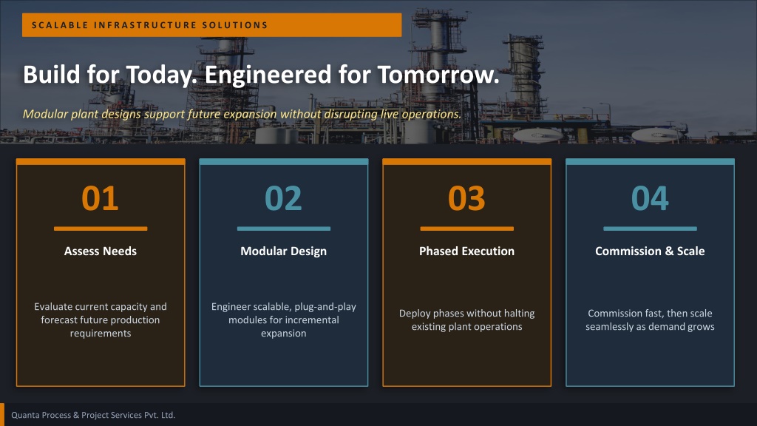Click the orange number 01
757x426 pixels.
point(100,198)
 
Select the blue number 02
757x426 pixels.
point(283,198)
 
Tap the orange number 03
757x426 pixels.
point(466,198)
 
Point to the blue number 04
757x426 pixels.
point(650,198)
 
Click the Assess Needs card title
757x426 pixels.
point(101,251)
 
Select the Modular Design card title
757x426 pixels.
point(283,251)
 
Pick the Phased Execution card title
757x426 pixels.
point(467,251)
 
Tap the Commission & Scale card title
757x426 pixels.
point(650,251)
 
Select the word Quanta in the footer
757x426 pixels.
point(25,416)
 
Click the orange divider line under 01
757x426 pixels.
point(101,229)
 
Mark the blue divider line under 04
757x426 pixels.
point(650,229)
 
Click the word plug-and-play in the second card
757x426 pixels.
point(325,307)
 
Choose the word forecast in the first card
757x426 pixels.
point(59,319)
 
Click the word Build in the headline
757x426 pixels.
point(51,75)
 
